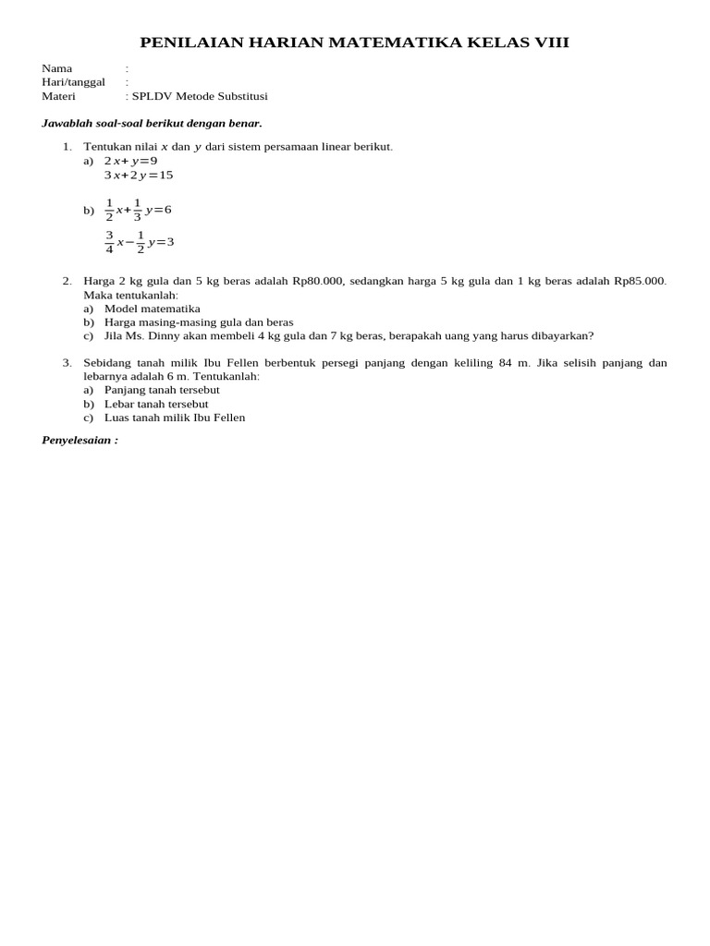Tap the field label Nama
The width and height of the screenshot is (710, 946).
tap(57, 68)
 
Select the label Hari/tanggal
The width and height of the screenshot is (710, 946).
tap(73, 81)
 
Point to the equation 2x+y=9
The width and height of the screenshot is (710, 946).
tap(130, 161)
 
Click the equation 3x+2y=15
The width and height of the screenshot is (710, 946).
tap(139, 175)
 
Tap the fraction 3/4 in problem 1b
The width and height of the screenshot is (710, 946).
tap(109, 242)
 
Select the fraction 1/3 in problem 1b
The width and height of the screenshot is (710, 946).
tap(137, 210)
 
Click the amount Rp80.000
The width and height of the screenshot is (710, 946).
tap(317, 281)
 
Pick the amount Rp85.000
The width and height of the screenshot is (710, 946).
tap(640, 281)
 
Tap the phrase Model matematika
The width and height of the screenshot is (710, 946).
tap(152, 309)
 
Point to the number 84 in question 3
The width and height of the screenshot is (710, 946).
tap(506, 363)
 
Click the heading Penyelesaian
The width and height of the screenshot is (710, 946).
tap(80, 440)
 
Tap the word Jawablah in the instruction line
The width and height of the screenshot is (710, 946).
tap(67, 123)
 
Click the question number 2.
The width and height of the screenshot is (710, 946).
tap(67, 281)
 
